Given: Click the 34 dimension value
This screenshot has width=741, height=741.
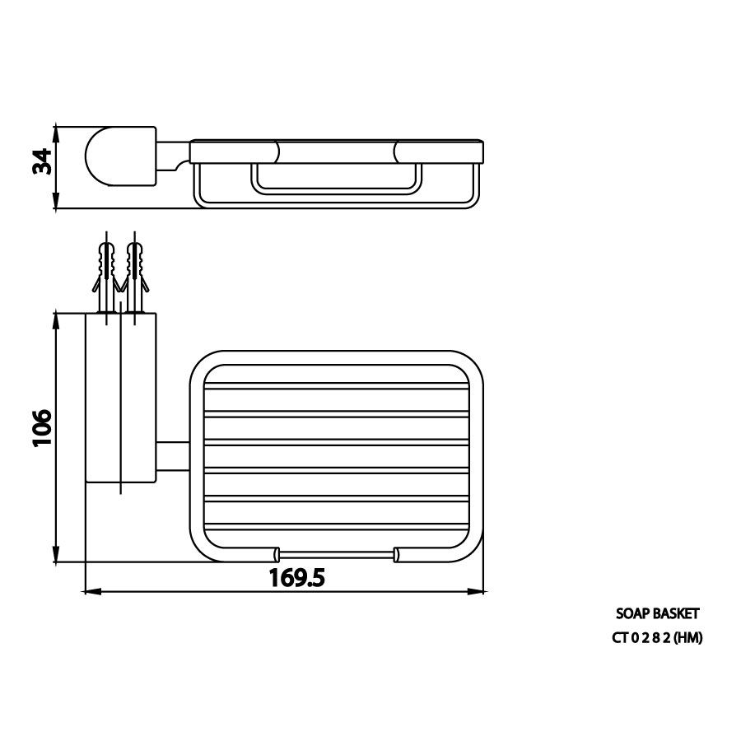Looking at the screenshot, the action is [42, 161].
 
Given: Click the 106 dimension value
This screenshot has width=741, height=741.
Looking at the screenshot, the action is [42, 428].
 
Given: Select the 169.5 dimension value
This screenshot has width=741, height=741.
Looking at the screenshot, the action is [296, 577].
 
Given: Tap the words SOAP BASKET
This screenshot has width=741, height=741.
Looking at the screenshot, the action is [657, 613].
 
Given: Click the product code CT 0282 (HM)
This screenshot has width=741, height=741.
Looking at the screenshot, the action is [657, 638].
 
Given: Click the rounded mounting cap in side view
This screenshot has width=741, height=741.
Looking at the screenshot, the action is [120, 156].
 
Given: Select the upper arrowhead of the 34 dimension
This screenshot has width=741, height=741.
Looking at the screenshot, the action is [56, 133].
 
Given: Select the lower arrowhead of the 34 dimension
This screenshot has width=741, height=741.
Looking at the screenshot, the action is [56, 200].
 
